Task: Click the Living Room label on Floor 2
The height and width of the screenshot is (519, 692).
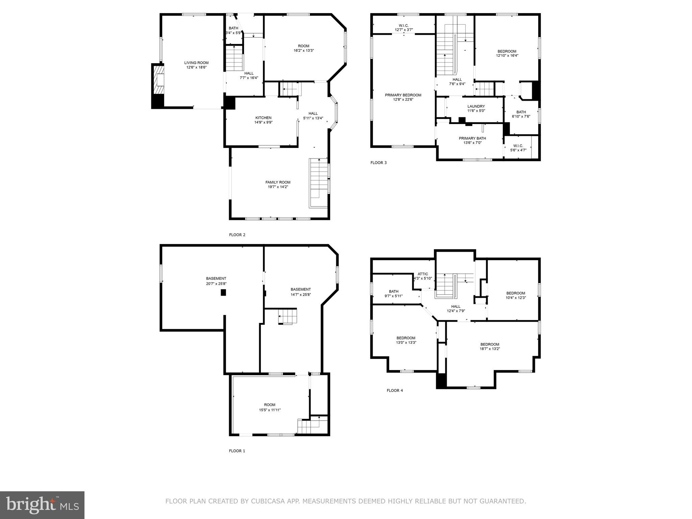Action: tap(196, 63)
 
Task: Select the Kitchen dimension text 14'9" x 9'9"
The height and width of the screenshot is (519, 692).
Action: tap(263, 123)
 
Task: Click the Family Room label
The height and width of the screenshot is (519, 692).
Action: tap(278, 182)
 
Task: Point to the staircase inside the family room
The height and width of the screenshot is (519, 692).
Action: tap(319, 182)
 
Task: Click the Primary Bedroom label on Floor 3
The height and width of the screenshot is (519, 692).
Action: tap(403, 95)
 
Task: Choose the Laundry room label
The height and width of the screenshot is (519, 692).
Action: tap(476, 106)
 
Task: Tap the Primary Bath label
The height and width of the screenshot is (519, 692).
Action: tap(472, 138)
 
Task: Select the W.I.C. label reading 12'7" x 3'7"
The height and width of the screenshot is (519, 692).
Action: tap(404, 30)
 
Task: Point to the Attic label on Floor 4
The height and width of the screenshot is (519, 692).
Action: tap(423, 274)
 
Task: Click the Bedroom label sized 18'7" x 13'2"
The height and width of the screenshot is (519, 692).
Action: tap(490, 344)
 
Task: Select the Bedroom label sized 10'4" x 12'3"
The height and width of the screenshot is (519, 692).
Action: tap(516, 293)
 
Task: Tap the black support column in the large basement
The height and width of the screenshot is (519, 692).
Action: tap(223, 293)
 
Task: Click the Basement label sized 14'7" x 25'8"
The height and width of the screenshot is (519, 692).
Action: tap(301, 290)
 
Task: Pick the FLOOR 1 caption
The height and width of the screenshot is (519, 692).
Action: tap(237, 451)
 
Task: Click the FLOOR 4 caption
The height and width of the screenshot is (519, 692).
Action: tap(395, 391)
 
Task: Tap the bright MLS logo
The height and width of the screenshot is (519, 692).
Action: tap(42, 505)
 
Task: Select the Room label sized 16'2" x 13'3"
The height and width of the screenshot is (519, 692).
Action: tap(303, 46)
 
